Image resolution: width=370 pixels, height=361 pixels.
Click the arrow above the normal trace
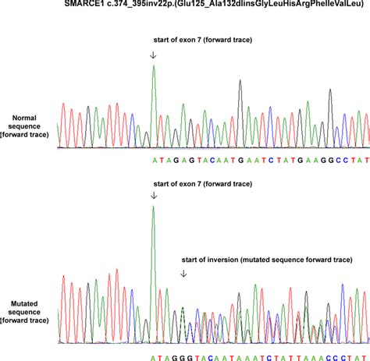tap(153, 55)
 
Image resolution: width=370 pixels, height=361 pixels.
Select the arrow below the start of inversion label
tap(183, 274)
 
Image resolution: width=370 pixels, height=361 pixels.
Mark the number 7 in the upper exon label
tap(200, 39)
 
